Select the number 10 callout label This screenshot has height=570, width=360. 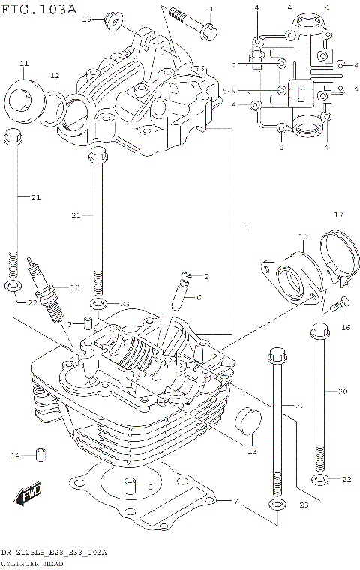pyautogui.click(x=74, y=287)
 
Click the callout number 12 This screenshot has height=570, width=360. pyautogui.click(x=55, y=75)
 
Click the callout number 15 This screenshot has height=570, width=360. pyautogui.click(x=303, y=236)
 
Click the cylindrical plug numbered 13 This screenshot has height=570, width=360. pyautogui.click(x=248, y=424)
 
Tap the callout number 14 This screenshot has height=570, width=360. pyautogui.click(x=14, y=456)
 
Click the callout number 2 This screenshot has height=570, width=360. pyautogui.click(x=208, y=277)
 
